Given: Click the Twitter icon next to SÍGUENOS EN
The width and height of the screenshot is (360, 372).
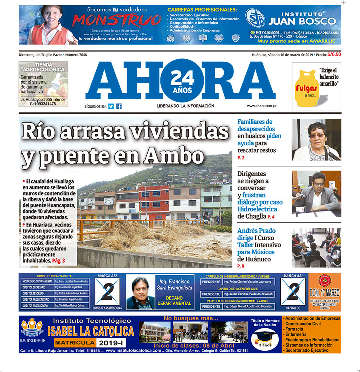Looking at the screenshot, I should [111, 106].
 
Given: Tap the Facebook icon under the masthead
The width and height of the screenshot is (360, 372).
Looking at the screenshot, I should [119, 106].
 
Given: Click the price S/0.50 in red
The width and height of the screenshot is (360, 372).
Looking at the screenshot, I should [334, 55].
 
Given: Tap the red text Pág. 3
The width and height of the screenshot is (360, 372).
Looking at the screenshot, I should [58, 260].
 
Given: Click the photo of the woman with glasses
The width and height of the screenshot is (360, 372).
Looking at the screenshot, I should [316, 139].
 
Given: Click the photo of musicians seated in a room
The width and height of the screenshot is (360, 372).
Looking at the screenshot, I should [316, 247].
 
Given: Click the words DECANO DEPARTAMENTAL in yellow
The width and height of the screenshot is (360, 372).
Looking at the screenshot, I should [174, 301].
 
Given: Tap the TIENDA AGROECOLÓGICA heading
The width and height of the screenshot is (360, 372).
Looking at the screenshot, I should [43, 67].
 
